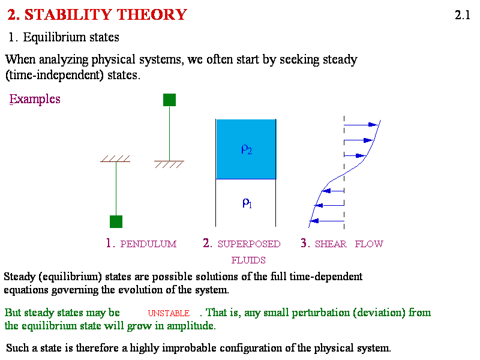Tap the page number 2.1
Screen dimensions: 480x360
[463, 15]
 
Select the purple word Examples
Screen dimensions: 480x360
[35, 99]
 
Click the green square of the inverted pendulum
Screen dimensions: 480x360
[170, 100]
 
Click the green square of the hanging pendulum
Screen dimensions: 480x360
[116, 221]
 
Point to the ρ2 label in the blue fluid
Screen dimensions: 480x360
[247, 149]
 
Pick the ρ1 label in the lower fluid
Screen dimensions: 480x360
[247, 203]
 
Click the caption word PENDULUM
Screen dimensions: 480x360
[148, 244]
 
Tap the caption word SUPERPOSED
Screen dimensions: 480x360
[249, 244]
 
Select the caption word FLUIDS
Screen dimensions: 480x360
[248, 260]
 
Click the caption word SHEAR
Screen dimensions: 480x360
[331, 244]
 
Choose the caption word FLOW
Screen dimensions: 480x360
[369, 244]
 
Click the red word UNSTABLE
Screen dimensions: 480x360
[169, 313]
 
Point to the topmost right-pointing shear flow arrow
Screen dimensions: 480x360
[361, 125]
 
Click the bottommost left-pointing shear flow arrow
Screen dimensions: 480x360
[327, 221]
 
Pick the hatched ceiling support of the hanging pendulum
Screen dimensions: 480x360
[115, 158]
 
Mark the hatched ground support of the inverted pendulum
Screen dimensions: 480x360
[169, 164]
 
